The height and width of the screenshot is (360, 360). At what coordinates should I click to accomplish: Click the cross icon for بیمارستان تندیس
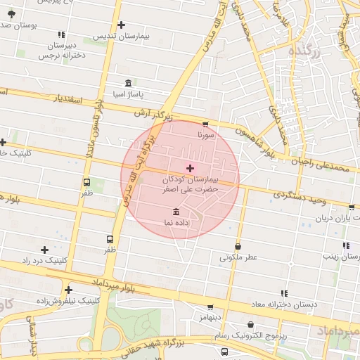click(x=121, y=25)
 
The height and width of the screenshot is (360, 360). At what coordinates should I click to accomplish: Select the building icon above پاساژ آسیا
click(x=127, y=82)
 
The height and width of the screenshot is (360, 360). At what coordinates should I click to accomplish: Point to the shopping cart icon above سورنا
click(x=205, y=123)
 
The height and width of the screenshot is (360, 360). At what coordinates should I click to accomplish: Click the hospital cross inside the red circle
click(x=189, y=167)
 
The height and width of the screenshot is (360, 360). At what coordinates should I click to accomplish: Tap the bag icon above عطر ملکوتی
click(x=238, y=247)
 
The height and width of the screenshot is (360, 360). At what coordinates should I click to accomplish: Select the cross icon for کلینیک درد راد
click(x=44, y=250)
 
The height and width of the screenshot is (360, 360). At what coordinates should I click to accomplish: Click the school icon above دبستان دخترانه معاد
click(x=284, y=293)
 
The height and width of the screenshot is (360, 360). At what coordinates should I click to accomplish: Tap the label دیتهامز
click(x=210, y=317)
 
